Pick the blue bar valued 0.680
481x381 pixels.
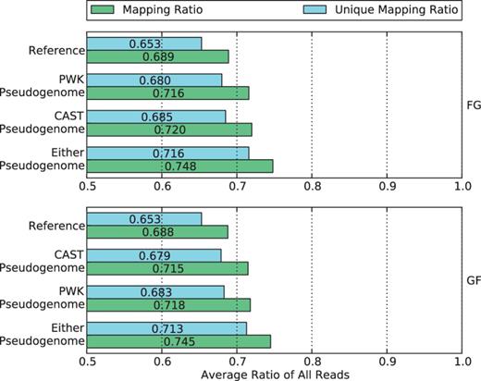pos(129,80)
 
